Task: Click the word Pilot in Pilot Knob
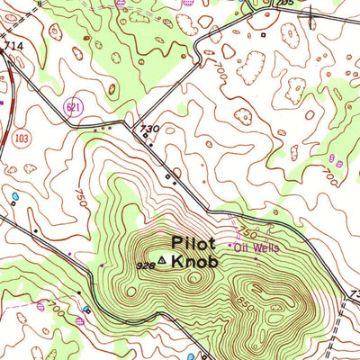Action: [x=192, y=241]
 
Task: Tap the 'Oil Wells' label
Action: [x=257, y=246]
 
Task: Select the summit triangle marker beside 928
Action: [x=162, y=260]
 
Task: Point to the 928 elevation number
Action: [x=145, y=266]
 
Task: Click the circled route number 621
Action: [x=71, y=108]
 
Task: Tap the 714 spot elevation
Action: [x=12, y=45]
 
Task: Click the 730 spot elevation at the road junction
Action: [x=149, y=130]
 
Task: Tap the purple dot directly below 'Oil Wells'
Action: [x=255, y=257]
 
